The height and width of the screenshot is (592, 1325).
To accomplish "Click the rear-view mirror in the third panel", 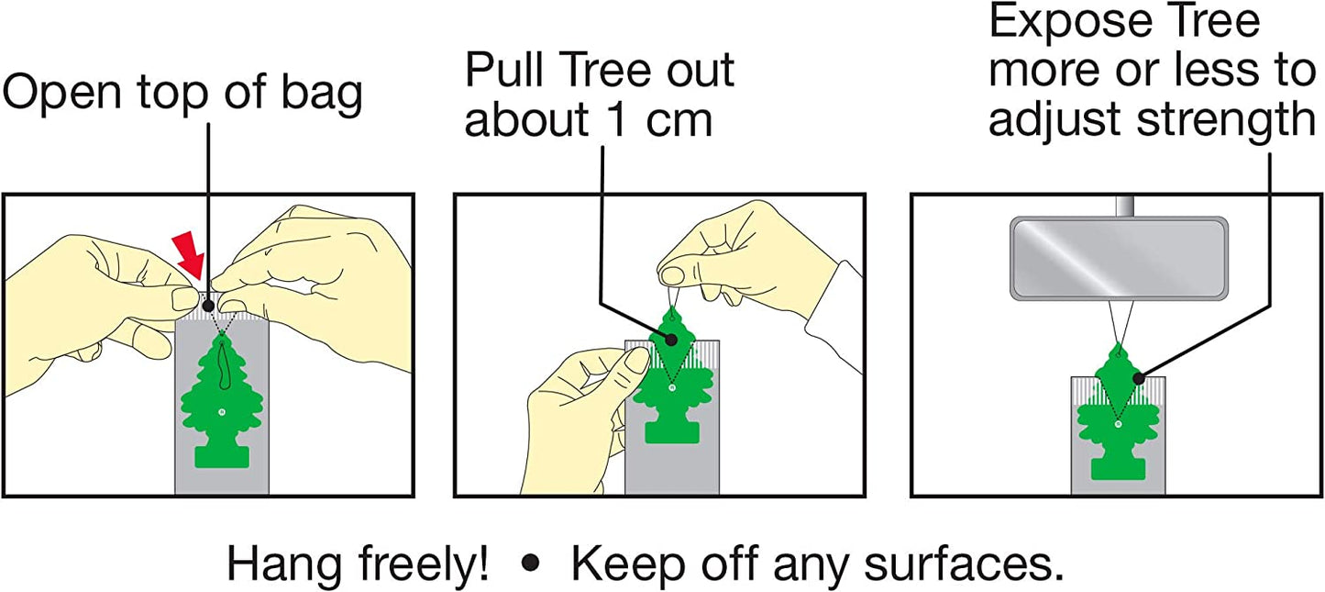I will tap(1118, 258).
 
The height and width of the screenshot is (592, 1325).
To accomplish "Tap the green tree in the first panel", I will tap(222, 395).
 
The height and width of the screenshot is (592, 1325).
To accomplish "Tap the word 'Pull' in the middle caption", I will tap(505, 71).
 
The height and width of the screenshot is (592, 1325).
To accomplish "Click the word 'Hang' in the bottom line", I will tap(274, 564).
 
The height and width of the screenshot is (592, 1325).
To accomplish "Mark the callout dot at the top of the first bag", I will tap(210, 305).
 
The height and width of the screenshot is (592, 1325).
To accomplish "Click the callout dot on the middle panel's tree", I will tap(671, 340).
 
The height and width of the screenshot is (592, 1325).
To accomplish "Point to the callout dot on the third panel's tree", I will tap(1138, 377).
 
